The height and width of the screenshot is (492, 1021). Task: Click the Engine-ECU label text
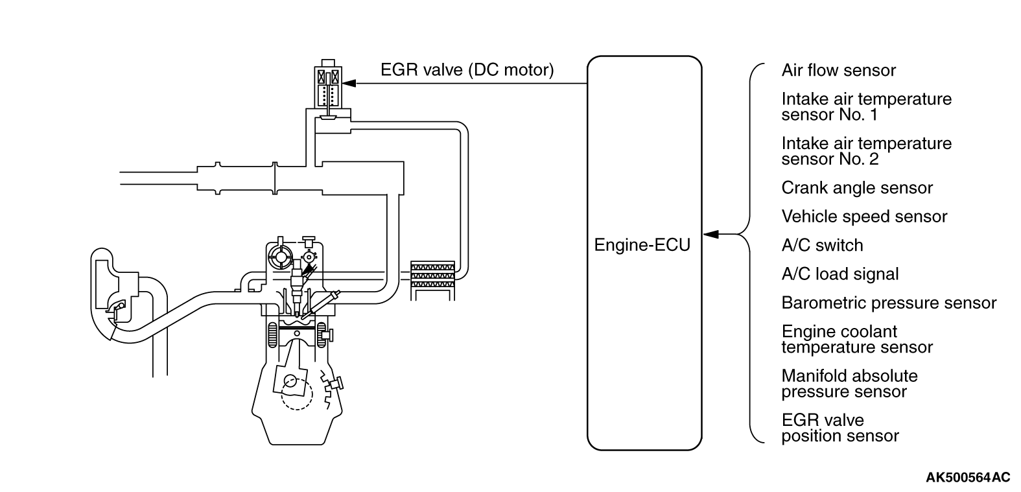642,246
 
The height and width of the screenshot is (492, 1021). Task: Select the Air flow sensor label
838,71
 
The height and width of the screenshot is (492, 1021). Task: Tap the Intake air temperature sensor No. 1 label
866,107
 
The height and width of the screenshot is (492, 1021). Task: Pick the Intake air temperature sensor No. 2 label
866,151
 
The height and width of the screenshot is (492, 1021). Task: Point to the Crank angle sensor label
856,188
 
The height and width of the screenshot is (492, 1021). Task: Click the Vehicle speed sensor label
864,217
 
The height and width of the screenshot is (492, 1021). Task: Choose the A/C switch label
822,246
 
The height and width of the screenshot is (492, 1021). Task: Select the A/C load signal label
839,274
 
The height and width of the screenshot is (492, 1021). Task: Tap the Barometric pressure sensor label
889,303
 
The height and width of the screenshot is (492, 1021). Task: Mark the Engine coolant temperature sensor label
856,339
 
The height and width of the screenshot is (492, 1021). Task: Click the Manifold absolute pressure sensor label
849,384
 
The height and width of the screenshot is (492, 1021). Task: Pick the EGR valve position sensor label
839,428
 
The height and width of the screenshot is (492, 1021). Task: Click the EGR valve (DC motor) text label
467,70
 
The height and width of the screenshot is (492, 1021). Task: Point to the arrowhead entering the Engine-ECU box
710,234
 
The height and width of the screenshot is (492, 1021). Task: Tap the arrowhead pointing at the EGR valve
349,83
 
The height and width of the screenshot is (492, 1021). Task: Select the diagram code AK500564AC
967,478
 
